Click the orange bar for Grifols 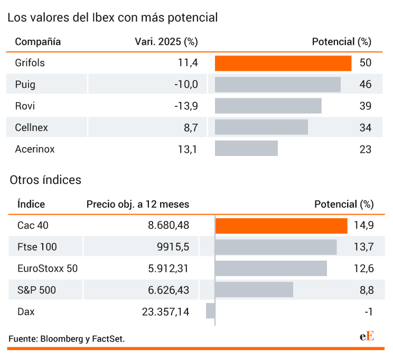click(283, 63)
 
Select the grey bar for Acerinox click(246, 148)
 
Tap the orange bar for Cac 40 click(282, 226)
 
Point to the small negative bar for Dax click(211, 311)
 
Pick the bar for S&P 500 click(254, 290)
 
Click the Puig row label click(25, 85)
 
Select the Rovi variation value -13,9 click(186, 106)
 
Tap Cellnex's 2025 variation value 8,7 click(191, 128)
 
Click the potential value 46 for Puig click(366, 84)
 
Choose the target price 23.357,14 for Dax click(165, 312)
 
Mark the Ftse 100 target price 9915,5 click(173, 247)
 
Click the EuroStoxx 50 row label click(48, 269)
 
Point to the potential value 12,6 click(363, 269)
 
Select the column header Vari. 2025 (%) click(166, 42)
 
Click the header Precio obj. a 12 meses click(138, 204)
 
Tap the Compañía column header click(38, 42)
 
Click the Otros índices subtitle click(45, 180)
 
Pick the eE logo click(367, 336)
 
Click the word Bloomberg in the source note click(62, 339)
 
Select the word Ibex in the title click(103, 17)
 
